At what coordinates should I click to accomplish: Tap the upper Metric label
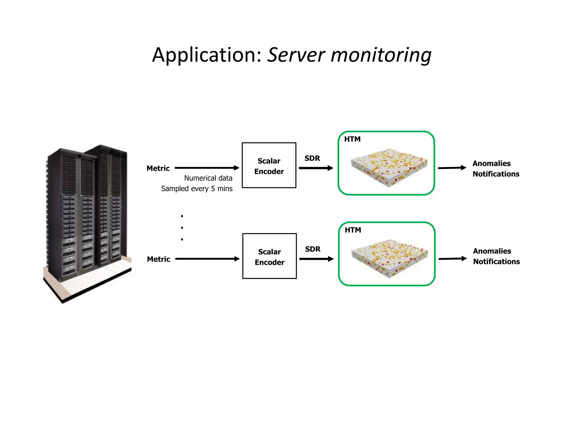click(158, 168)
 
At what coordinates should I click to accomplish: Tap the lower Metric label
click(159, 259)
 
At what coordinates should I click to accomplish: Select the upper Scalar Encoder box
click(269, 165)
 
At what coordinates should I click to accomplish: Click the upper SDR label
click(312, 158)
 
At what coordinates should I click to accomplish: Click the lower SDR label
click(313, 249)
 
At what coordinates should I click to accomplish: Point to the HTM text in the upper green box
click(352, 139)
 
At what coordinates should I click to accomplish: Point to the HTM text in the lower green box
click(353, 230)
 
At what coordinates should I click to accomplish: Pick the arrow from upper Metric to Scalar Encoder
click(207, 168)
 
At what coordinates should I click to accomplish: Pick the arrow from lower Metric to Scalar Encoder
click(207, 259)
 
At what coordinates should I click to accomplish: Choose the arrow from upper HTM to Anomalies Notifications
click(452, 168)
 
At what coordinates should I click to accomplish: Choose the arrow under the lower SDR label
click(316, 259)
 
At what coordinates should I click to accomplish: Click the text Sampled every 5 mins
click(197, 188)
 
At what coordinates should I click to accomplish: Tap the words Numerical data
click(208, 178)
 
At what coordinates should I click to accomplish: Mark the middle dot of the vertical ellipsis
click(182, 228)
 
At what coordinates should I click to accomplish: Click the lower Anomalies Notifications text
click(496, 256)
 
